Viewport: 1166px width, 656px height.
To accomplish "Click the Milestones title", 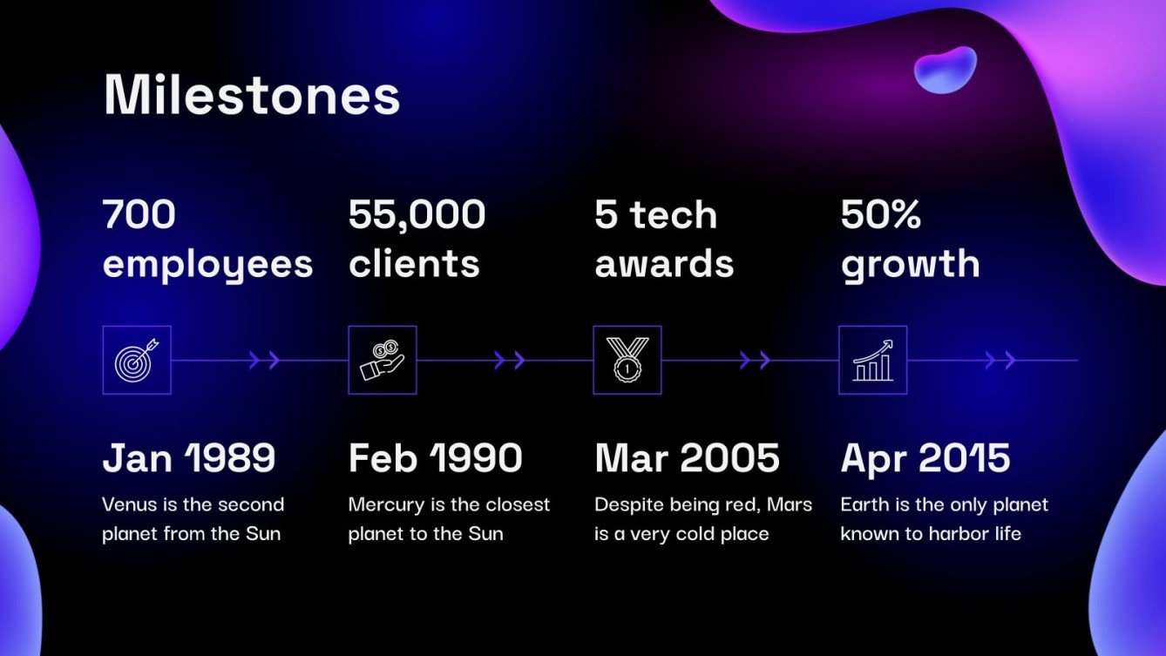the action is click(x=252, y=95).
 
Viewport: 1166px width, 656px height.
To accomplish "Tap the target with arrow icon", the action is click(x=137, y=360).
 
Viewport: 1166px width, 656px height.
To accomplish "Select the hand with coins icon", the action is click(x=383, y=360).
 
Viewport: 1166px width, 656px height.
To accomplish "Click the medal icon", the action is click(x=627, y=360).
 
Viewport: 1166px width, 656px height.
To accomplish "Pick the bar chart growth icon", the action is click(x=873, y=361).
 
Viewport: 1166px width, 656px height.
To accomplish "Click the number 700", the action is click(x=139, y=214).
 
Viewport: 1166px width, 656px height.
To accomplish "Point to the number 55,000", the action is click(x=417, y=215).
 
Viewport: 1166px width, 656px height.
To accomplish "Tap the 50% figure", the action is click(x=881, y=214).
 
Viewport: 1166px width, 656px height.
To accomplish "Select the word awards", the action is click(x=664, y=264).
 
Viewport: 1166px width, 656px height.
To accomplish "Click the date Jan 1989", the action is click(x=189, y=457).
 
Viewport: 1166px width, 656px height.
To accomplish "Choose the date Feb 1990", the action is click(x=435, y=457).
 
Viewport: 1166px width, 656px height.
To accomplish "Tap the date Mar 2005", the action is click(x=687, y=457).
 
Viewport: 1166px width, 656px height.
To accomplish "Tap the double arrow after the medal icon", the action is click(x=756, y=360).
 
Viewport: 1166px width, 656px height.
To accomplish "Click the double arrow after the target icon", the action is click(x=264, y=360).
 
